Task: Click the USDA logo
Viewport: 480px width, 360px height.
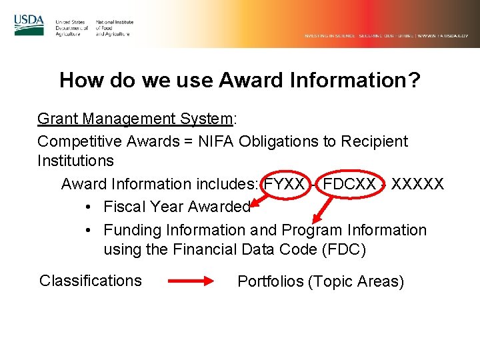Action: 29,25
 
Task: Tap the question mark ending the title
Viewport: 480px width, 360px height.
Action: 415,81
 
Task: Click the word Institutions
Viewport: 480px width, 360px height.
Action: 75,161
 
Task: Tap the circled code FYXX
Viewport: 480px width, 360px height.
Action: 285,183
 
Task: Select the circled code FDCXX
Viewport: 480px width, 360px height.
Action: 349,183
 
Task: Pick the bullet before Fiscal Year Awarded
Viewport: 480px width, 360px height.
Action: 89,207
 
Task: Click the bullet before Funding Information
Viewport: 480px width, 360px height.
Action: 89,230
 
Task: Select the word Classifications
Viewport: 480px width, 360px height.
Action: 91,281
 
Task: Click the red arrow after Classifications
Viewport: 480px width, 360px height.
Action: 189,281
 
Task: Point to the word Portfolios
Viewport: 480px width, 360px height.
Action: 271,282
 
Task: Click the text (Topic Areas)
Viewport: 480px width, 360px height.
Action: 356,282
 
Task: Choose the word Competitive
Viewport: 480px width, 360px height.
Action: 80,141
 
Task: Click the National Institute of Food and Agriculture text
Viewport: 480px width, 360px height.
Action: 114,28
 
